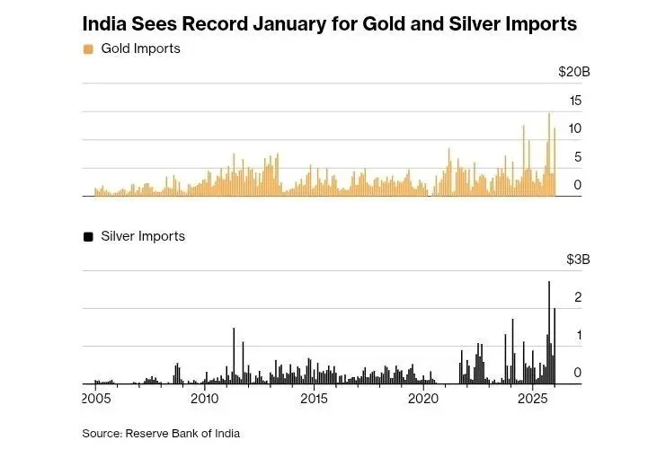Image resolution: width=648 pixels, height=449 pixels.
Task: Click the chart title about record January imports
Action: coord(330,23)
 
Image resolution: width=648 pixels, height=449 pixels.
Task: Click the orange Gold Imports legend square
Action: coord(88,48)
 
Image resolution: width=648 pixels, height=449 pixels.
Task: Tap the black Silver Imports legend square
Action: coord(88,236)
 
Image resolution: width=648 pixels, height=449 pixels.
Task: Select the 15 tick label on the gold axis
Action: coord(575,100)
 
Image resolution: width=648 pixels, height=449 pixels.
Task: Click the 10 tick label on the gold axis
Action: coord(575,128)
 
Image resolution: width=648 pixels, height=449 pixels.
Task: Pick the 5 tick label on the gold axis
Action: coord(578,157)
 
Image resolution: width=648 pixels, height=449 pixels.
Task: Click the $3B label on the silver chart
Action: coord(577,260)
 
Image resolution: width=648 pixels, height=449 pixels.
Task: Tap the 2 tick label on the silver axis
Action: coord(578,297)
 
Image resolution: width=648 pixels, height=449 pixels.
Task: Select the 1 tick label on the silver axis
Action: coord(578,335)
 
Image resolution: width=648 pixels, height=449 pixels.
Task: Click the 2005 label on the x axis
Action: coord(96,399)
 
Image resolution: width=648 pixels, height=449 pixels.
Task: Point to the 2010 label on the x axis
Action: coord(205,399)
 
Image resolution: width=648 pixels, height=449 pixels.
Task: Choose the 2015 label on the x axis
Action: coord(314,399)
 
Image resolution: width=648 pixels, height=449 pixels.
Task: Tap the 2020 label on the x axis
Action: coord(423,399)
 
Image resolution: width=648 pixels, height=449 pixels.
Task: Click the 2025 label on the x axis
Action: coord(533,399)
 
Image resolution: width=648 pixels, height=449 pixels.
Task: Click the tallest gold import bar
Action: coord(549,153)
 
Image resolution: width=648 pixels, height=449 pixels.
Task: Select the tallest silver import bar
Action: coord(549,332)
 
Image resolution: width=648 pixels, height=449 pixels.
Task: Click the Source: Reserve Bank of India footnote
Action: coord(162,433)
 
